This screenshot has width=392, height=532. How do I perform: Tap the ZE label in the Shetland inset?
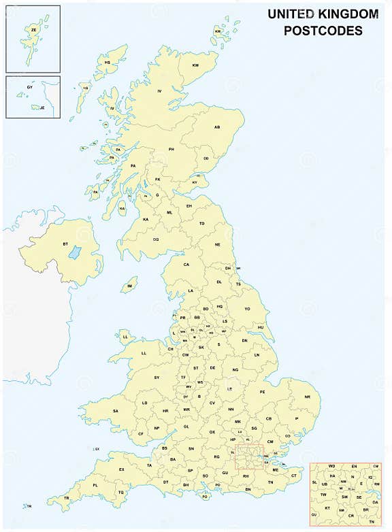click(33, 31)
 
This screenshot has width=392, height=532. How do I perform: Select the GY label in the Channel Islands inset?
click(29, 88)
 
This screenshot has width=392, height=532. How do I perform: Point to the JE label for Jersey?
click(42, 107)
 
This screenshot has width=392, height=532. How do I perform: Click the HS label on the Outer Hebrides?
click(108, 63)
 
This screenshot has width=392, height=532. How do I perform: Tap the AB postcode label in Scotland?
click(218, 127)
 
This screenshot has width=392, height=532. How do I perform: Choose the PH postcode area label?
click(172, 149)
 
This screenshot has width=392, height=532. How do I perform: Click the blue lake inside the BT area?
click(75, 253)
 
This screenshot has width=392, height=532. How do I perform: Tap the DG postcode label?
click(156, 239)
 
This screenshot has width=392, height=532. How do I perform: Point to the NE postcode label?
click(218, 244)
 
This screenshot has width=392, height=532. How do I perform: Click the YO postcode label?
click(248, 308)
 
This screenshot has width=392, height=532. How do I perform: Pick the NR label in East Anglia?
click(308, 397)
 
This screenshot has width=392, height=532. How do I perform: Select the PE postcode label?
click(263, 392)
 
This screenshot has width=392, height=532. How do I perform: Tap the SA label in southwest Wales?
click(115, 411)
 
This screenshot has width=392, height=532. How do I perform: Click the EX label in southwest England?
click(122, 469)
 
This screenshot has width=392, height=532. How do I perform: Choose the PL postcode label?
click(95, 486)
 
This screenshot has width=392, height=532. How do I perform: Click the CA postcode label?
click(186, 265)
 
